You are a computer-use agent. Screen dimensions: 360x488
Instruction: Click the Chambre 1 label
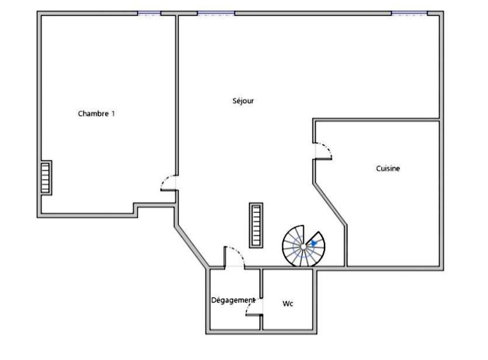96,113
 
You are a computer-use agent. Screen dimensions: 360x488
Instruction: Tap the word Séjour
243,101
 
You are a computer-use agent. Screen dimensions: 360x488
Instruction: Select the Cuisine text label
388,168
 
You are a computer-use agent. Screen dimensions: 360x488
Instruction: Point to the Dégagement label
233,300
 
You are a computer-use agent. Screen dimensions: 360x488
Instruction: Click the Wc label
288,303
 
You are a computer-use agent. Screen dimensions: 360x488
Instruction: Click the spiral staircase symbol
303,246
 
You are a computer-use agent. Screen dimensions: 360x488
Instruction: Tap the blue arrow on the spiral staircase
314,243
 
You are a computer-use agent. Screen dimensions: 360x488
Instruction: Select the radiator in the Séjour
256,225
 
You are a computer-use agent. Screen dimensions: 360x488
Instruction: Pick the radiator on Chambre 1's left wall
46,178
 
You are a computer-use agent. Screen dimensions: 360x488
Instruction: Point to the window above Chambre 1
149,13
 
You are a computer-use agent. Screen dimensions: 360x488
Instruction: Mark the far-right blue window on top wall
409,13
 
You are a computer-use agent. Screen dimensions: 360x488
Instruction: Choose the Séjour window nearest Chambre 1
216,13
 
